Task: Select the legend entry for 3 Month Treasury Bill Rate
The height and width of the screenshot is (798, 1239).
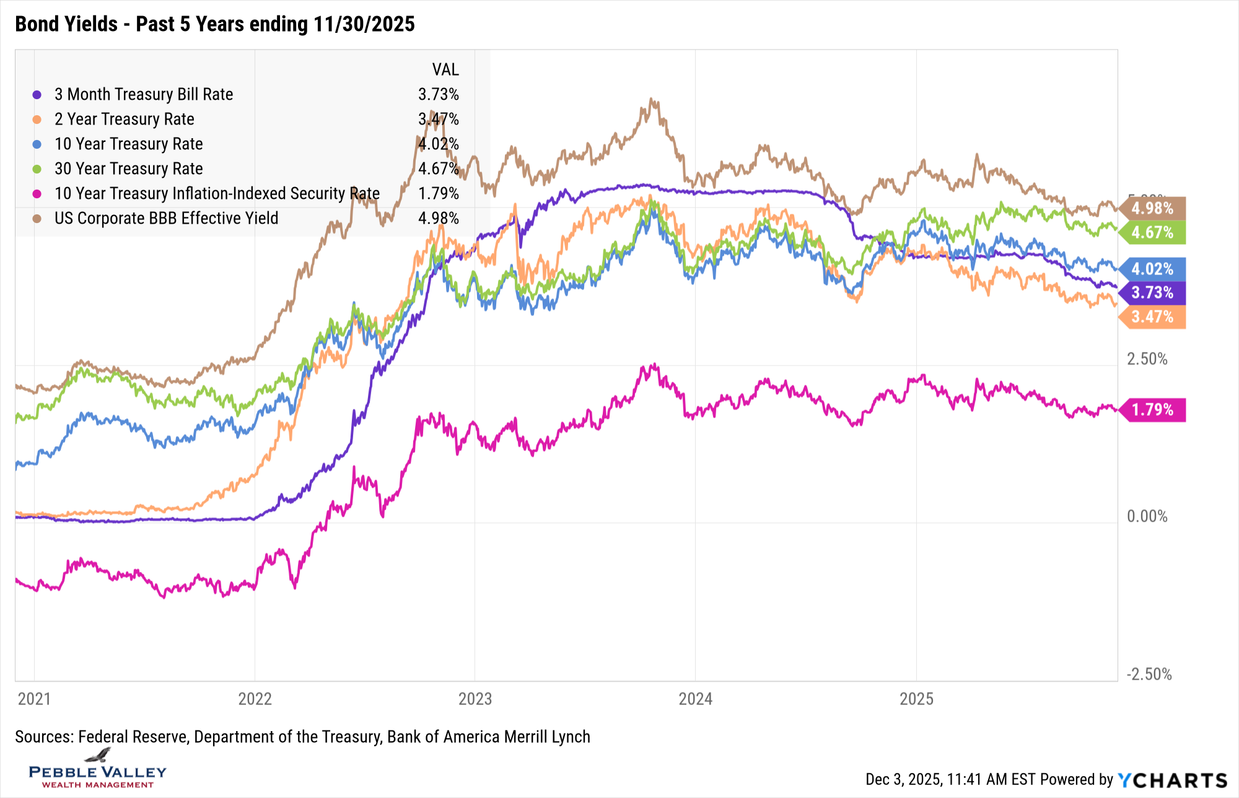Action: pyautogui.click(x=144, y=94)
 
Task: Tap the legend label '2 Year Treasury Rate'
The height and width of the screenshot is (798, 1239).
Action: pyautogui.click(x=124, y=119)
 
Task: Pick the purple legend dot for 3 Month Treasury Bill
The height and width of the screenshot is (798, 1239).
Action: pyautogui.click(x=37, y=95)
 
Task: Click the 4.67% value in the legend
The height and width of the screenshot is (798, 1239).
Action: pyautogui.click(x=438, y=169)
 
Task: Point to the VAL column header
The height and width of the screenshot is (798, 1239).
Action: pyautogui.click(x=445, y=69)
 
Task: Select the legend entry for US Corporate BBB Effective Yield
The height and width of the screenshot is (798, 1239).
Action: pyautogui.click(x=166, y=218)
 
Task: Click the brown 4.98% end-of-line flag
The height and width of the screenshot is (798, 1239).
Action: pyautogui.click(x=1152, y=208)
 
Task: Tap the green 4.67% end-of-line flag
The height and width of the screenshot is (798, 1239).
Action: pyautogui.click(x=1152, y=232)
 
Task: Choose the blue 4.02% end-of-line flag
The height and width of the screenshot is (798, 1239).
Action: pyautogui.click(x=1152, y=269)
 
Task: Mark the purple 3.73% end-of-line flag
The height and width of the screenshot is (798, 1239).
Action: pyautogui.click(x=1152, y=292)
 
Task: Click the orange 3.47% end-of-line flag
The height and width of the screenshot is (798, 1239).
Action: pyautogui.click(x=1152, y=317)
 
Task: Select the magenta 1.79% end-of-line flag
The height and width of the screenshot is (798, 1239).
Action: pyautogui.click(x=1152, y=410)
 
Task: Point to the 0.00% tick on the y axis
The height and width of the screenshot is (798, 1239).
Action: pyautogui.click(x=1147, y=516)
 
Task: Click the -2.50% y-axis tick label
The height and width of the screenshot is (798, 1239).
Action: pyautogui.click(x=1149, y=674)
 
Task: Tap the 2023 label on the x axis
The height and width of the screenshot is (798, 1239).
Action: pyautogui.click(x=475, y=699)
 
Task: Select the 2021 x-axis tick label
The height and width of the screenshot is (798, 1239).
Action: pyautogui.click(x=34, y=699)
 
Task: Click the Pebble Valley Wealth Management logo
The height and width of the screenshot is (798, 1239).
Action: pyautogui.click(x=98, y=769)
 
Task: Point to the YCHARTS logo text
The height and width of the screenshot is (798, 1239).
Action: pyautogui.click(x=1172, y=780)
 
